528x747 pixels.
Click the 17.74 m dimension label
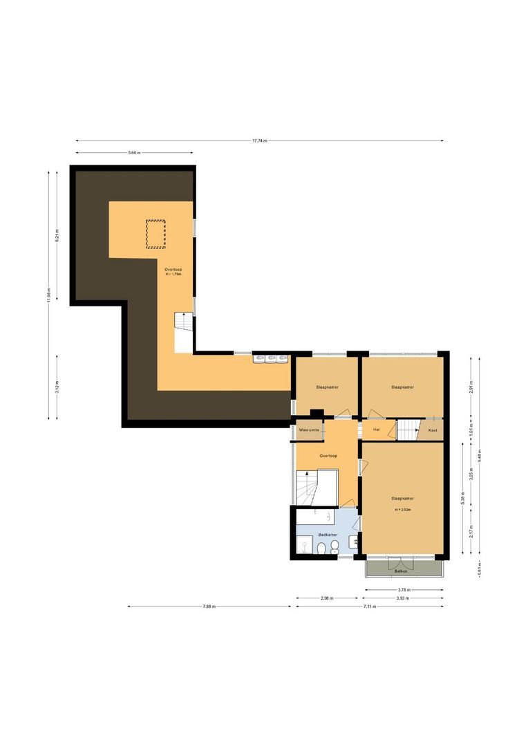pos(259,141)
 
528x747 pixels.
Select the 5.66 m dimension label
pos(134,153)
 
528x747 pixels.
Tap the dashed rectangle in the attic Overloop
pos(156,233)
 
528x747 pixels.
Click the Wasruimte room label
pos(308,430)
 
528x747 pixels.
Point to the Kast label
pos(433,430)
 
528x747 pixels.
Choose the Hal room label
pos(377,430)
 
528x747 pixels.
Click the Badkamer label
pos(328,535)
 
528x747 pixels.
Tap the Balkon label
pos(401,571)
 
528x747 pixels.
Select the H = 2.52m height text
pos(403,510)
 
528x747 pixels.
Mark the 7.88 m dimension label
pos(209,607)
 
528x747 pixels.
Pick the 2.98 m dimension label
pos(328,598)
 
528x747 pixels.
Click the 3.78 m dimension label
pos(404,590)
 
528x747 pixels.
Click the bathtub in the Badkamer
pos(325,516)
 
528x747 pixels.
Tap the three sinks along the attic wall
pos(271,358)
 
